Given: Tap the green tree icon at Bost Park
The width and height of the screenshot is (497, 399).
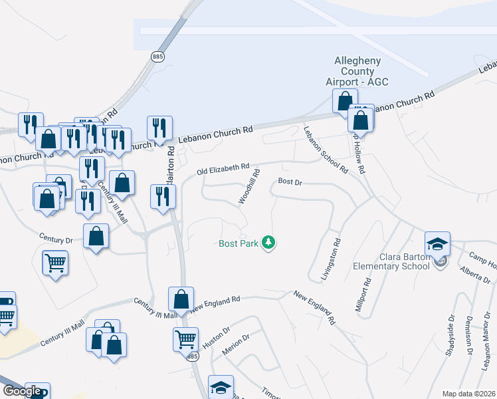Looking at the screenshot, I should tap(268, 243).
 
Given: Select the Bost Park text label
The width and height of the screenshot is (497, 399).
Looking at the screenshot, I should tap(239, 244).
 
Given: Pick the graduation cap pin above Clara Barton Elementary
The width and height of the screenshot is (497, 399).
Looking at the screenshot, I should tap(438, 245).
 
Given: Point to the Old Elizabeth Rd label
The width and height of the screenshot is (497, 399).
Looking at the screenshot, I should tap(223, 170).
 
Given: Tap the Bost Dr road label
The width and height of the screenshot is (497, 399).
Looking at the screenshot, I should tap(290, 181).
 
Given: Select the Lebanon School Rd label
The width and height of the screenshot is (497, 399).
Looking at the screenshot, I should tap(326, 149).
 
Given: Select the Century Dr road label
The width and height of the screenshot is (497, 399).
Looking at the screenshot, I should tap(55, 239).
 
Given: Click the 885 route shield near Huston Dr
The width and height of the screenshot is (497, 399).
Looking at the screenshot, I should tap(192, 357).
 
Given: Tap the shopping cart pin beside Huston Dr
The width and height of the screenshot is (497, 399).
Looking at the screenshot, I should tap(185, 339).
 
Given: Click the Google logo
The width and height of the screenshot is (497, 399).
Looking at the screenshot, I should tap(22, 391).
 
